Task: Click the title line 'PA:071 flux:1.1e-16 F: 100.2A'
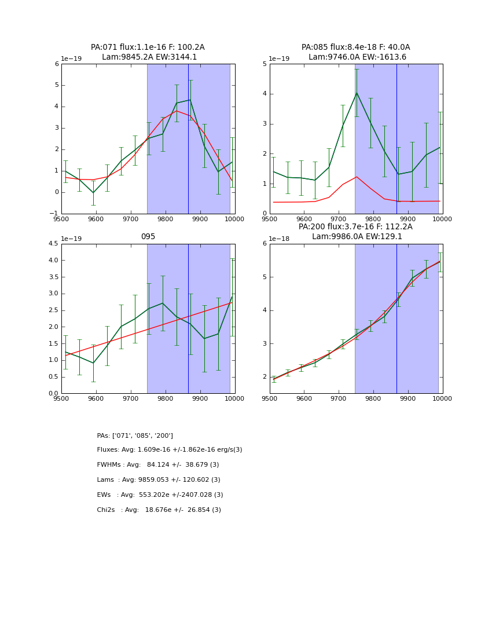click(148, 47)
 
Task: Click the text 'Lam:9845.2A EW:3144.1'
click(149, 57)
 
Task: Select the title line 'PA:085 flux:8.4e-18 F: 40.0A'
click(355, 47)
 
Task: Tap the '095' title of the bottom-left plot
click(148, 237)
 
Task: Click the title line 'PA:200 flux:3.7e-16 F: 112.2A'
click(355, 227)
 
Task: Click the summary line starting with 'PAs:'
click(135, 435)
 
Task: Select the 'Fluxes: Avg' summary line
click(170, 450)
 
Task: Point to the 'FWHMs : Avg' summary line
click(158, 465)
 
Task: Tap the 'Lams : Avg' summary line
click(159, 480)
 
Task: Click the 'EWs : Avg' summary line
click(160, 495)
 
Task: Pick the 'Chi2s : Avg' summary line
click(159, 510)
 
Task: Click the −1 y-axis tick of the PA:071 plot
click(56, 214)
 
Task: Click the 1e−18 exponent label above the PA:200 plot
click(280, 239)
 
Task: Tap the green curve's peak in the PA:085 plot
click(357, 93)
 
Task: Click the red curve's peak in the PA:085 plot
click(357, 177)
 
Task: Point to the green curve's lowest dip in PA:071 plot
click(93, 193)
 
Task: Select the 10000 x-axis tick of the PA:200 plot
click(442, 399)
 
